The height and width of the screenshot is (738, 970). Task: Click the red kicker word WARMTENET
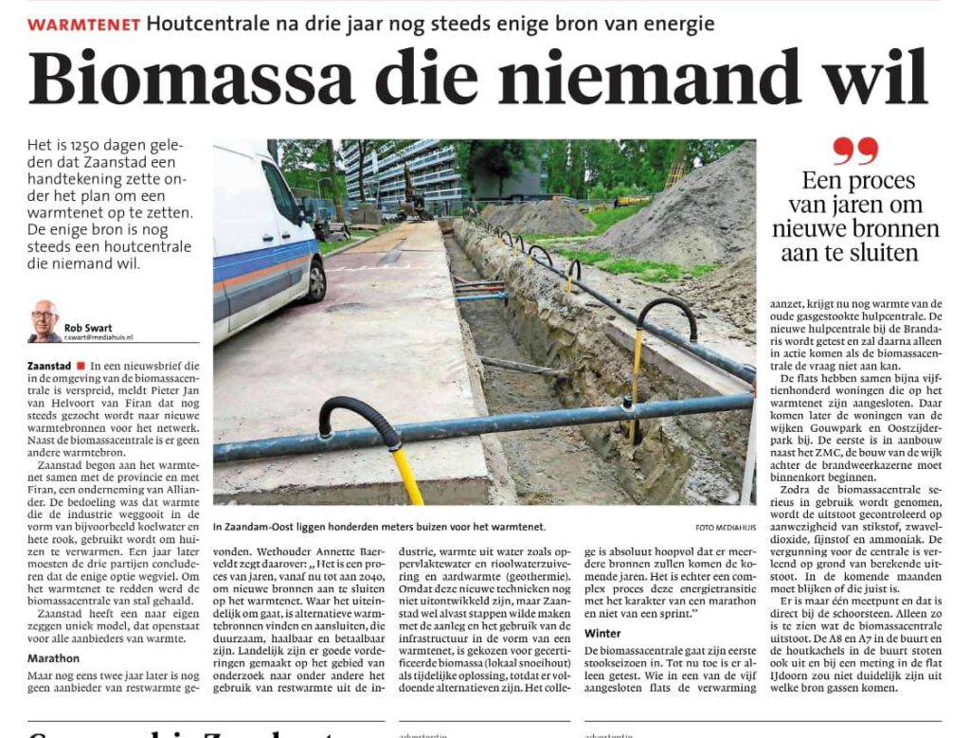click(x=84, y=24)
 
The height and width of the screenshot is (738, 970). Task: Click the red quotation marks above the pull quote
click(x=855, y=151)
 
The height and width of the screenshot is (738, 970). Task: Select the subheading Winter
click(x=603, y=632)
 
